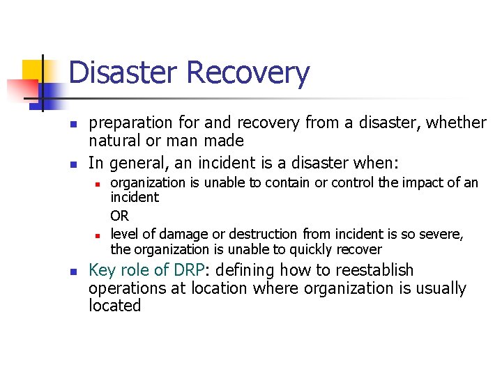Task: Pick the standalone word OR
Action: pos(119,217)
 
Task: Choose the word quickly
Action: pos(314,249)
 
